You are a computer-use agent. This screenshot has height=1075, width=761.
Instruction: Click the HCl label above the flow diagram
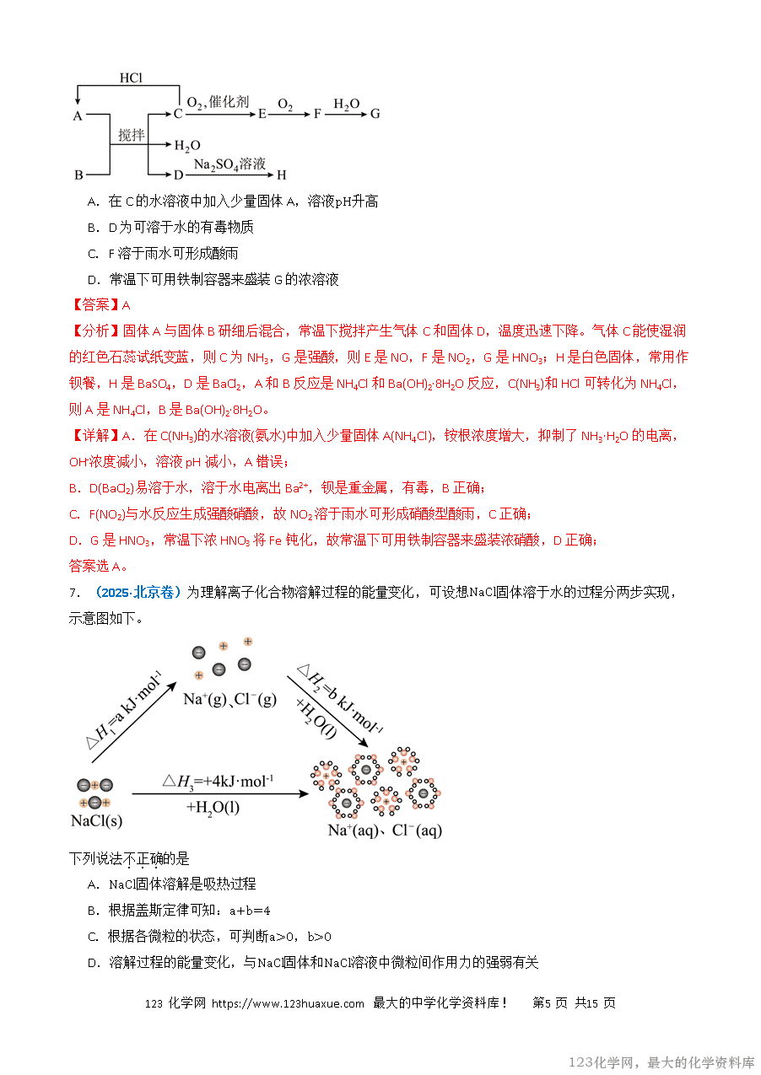(131, 78)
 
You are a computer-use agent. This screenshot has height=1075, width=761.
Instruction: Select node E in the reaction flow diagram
(262, 114)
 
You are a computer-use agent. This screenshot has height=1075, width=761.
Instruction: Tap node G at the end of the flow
(375, 114)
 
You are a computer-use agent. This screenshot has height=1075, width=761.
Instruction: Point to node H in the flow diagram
(282, 175)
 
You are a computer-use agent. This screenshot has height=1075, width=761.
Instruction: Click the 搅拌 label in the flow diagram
(132, 135)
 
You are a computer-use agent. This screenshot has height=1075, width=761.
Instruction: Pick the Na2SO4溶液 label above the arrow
(229, 164)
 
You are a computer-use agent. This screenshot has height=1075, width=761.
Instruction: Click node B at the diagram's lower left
(78, 175)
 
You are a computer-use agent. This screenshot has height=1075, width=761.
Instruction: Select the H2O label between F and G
(346, 105)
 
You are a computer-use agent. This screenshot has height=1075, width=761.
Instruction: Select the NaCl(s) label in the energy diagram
(96, 820)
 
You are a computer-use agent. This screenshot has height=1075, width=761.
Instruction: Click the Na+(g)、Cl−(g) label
(229, 699)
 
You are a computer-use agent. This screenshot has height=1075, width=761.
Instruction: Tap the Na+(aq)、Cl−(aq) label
(384, 830)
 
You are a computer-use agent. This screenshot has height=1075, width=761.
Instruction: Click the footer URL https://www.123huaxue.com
(288, 1003)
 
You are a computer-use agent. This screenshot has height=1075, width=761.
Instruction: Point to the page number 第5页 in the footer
(550, 1003)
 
